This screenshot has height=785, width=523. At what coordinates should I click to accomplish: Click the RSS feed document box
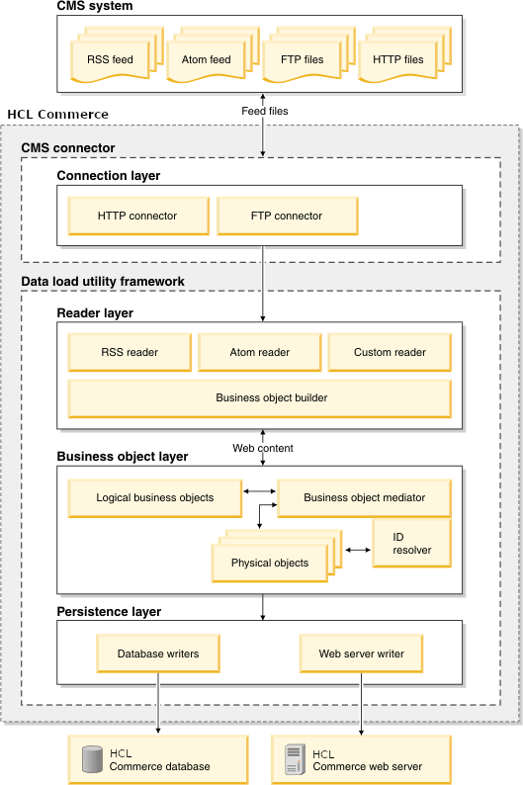coord(110,59)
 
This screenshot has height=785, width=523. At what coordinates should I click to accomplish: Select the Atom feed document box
coord(206,59)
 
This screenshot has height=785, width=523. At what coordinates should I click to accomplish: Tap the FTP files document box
coord(302,59)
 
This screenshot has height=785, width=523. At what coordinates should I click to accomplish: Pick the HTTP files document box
coord(398,59)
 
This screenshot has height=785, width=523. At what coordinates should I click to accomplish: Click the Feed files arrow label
coord(265,112)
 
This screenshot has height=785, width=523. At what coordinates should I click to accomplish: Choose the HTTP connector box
coord(137,216)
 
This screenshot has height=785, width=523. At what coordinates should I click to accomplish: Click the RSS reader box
coord(130,352)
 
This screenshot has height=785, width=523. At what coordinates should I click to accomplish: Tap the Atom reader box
coord(259,352)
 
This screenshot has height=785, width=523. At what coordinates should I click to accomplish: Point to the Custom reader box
coord(390,352)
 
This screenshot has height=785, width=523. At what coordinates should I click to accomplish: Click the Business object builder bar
coord(259,398)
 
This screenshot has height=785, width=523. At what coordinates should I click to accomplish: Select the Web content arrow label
coord(263,448)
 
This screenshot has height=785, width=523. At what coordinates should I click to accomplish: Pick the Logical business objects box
coord(154,498)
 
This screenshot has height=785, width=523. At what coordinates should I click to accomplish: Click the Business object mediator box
coord(364,498)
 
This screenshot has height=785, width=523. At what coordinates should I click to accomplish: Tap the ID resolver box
coord(411,543)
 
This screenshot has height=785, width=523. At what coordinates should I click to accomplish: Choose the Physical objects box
coord(269,563)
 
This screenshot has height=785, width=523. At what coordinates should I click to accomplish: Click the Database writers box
coord(158,654)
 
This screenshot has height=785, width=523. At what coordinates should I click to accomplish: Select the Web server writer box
coord(361,654)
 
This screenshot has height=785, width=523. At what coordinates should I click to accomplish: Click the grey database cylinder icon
coord(92,759)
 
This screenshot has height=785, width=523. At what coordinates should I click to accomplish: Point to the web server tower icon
coord(294,759)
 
